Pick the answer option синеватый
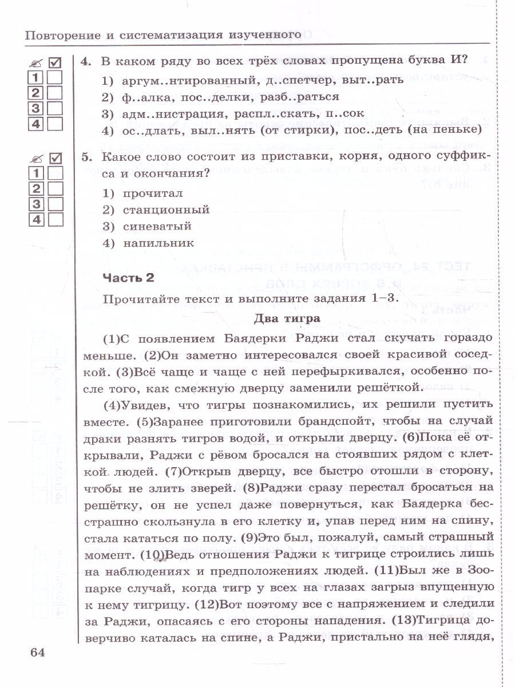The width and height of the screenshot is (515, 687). tap(157, 227)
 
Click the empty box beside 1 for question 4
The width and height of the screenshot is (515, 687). tap(55, 78)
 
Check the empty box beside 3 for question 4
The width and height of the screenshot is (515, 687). tap(55, 108)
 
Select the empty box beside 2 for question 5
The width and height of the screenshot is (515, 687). tap(55, 189)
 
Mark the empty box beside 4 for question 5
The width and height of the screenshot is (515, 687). tap(55, 219)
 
